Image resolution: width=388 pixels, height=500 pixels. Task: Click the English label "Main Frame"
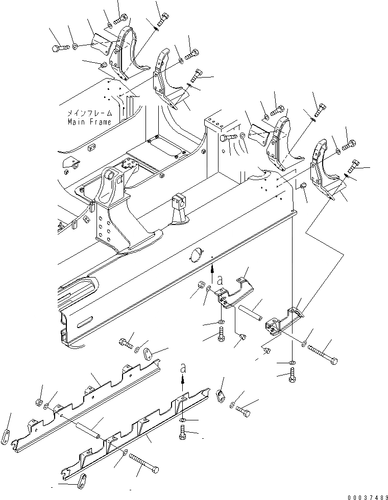pos(89,122)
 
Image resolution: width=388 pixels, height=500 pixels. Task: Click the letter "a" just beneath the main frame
pos(220,280)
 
